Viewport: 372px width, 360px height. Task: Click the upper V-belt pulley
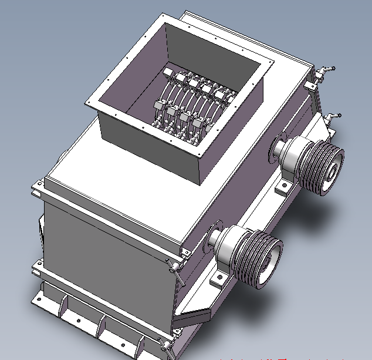320,167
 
